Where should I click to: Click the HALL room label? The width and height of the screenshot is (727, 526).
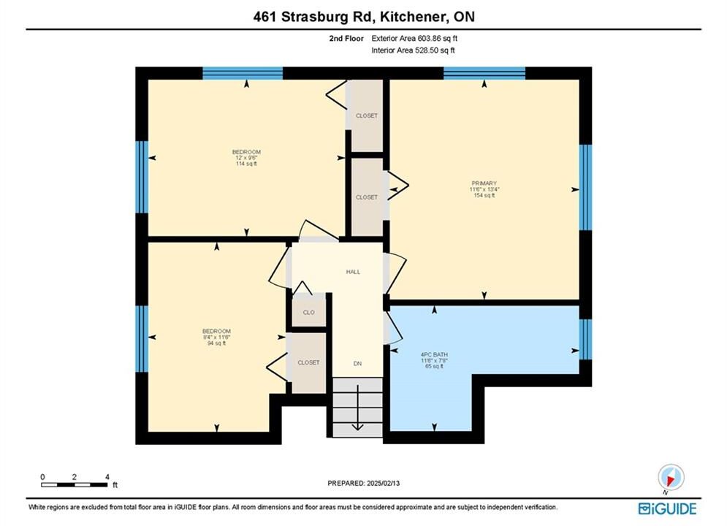pyautogui.click(x=353, y=272)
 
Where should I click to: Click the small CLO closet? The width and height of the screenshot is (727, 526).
pyautogui.click(x=309, y=312)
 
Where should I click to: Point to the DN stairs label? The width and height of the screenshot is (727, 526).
pyautogui.click(x=357, y=364)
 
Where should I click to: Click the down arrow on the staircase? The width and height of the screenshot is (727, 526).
pyautogui.click(x=357, y=408)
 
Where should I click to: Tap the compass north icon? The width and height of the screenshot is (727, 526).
pyautogui.click(x=671, y=477)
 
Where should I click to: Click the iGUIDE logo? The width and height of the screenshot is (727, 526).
pyautogui.click(x=667, y=509)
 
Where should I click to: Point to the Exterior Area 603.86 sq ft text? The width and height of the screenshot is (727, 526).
pyautogui.click(x=414, y=39)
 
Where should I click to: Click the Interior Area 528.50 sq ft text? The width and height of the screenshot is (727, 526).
pyautogui.click(x=413, y=50)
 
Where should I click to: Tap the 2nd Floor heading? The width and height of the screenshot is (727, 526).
pyautogui.click(x=346, y=39)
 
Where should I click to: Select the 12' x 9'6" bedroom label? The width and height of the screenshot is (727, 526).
pyautogui.click(x=246, y=158)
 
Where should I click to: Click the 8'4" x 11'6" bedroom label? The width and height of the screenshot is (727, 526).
pyautogui.click(x=216, y=338)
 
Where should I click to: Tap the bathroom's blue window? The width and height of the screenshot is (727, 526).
pyautogui.click(x=585, y=339)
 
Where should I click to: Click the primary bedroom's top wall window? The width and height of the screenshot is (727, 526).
pyautogui.click(x=484, y=73)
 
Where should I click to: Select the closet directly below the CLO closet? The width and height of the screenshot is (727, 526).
pyautogui.click(x=309, y=363)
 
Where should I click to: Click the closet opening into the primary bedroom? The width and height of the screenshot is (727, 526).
pyautogui.click(x=367, y=197)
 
